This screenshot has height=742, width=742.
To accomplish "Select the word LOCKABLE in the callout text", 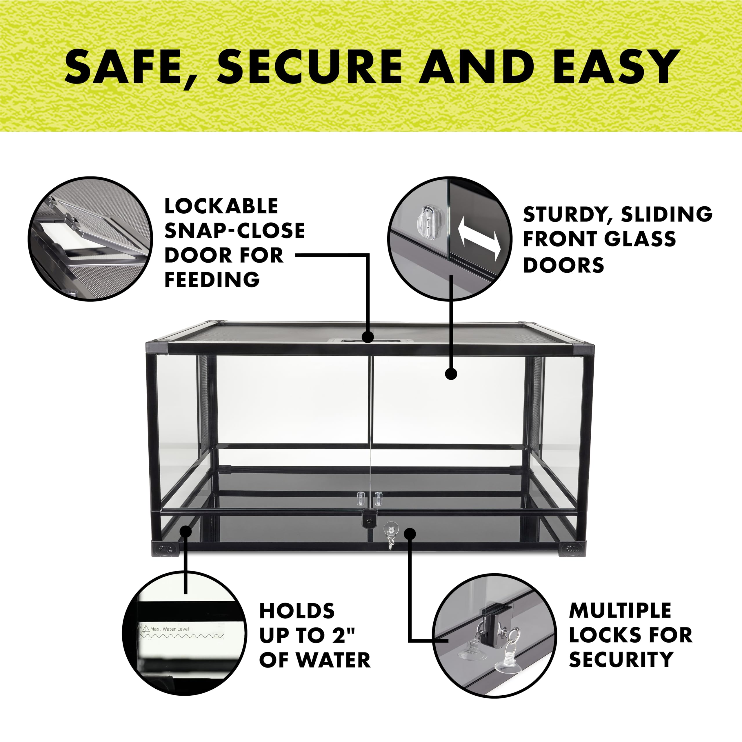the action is [x=221, y=206].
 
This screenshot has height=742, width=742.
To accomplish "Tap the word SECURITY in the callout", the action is [x=621, y=659].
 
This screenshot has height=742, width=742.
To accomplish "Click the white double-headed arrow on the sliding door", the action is [x=479, y=239].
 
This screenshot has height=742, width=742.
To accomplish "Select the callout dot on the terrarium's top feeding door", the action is [x=368, y=337].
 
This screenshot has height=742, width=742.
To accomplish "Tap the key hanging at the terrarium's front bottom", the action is [x=391, y=535].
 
